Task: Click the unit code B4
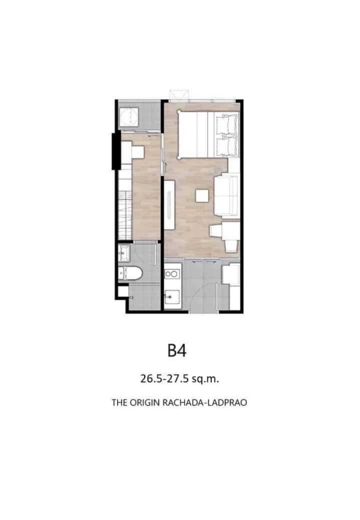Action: coord(177,350)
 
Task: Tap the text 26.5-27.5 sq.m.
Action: coord(179,379)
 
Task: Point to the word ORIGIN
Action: coord(144,402)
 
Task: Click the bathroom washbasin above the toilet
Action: coord(125,254)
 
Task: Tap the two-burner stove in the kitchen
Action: coord(172,274)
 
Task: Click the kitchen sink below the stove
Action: coord(171,298)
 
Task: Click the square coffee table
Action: coord(202,196)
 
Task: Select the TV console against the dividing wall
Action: coord(170,204)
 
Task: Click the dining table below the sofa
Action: coord(227,237)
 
